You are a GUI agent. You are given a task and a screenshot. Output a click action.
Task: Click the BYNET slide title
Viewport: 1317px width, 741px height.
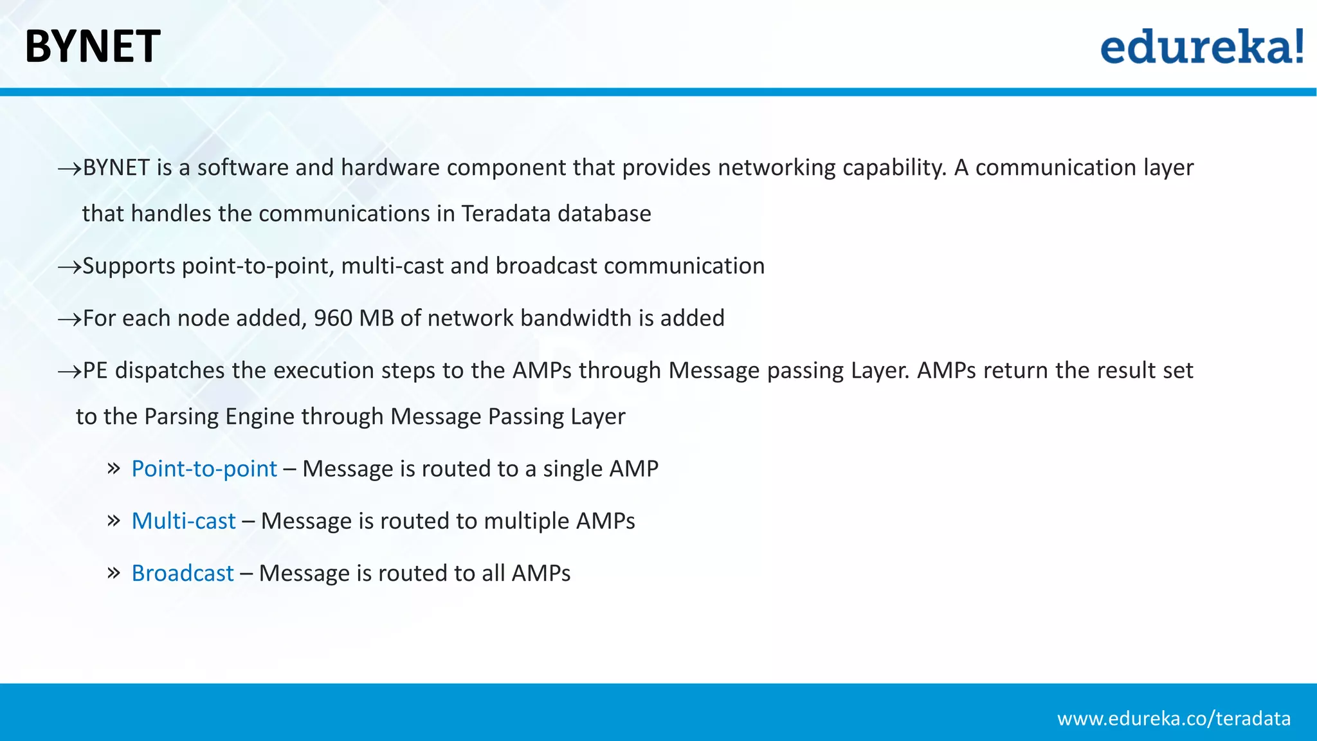click(93, 46)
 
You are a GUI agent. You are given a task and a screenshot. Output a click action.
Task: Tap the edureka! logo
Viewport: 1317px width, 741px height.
click(1201, 46)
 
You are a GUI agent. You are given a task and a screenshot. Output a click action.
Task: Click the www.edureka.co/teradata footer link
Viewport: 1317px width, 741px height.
click(1174, 718)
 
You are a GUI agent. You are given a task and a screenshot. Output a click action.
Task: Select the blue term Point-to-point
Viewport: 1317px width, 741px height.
click(204, 469)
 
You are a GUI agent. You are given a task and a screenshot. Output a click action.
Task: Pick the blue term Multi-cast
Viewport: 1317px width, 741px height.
click(183, 521)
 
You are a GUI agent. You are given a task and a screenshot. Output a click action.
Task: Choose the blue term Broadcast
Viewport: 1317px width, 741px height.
click(183, 573)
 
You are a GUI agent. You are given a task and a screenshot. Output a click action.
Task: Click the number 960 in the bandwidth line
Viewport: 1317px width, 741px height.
click(332, 318)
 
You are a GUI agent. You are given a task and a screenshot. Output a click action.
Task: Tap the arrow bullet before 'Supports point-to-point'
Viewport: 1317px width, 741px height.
click(69, 267)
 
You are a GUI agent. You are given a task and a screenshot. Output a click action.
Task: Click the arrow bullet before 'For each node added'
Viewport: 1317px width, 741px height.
click(69, 319)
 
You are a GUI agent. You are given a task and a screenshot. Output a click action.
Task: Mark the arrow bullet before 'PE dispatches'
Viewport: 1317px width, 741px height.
click(69, 371)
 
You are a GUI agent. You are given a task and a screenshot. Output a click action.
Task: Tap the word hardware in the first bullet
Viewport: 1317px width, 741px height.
click(390, 168)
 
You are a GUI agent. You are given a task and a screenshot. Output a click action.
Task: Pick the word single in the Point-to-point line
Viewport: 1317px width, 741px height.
click(572, 469)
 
